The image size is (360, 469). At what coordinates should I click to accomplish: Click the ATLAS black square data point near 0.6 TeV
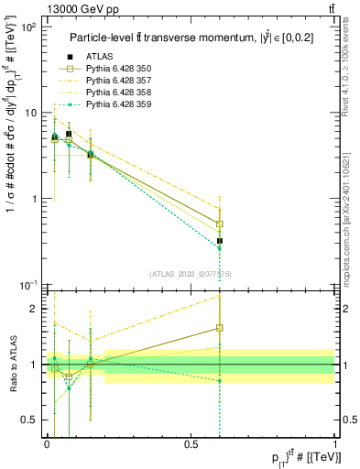(220, 241)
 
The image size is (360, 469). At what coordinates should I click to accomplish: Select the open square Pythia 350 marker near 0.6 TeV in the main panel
(220, 224)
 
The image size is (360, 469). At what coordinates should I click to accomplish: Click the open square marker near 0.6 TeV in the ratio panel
(220, 328)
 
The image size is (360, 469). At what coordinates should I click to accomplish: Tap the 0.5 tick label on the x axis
(191, 443)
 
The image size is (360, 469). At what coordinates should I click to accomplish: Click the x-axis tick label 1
(335, 443)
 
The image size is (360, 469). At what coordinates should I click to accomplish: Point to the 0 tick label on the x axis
(46, 443)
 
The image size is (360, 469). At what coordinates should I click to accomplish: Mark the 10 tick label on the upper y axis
(29, 114)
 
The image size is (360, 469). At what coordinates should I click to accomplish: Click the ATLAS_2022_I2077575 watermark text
(190, 274)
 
